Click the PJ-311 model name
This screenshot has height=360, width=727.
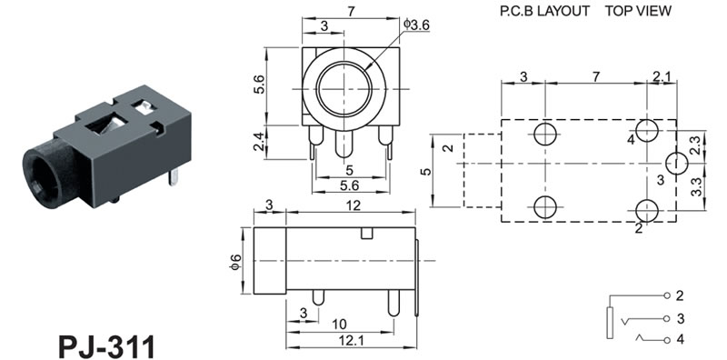pos(106,345)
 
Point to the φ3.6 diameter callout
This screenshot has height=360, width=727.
pos(416,25)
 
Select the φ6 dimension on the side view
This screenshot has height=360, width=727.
pos(236,261)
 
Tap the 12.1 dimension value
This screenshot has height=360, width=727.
pos(350,341)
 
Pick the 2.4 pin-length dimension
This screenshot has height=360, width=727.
pos(259,142)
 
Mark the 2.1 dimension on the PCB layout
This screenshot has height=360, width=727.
pos(662,76)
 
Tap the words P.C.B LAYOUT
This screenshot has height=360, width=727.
pos(544,11)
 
